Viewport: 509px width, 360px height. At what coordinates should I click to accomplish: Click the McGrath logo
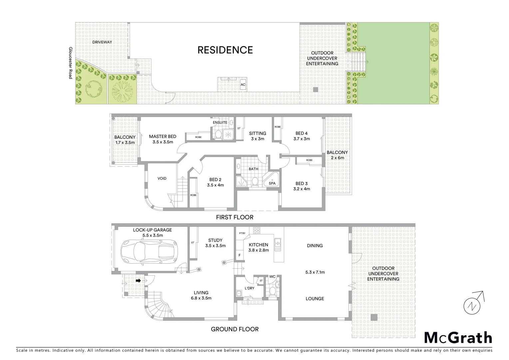point(458,338)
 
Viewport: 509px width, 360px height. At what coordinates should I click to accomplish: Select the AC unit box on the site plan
point(243,85)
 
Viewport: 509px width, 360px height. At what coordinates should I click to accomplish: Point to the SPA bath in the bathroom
point(272,182)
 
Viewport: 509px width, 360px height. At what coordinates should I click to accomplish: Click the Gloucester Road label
point(70,63)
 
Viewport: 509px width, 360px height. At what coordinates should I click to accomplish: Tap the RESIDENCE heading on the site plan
point(225,50)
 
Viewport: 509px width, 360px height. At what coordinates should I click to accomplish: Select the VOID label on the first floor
point(162,178)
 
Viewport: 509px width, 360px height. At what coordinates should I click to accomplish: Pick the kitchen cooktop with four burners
point(257,231)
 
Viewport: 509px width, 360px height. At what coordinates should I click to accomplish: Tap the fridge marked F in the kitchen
point(239,255)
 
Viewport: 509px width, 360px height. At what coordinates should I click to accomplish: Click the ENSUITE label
point(220,122)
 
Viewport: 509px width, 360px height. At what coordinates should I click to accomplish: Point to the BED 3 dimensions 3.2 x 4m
point(301,189)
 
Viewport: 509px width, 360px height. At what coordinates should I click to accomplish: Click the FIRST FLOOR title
point(235,217)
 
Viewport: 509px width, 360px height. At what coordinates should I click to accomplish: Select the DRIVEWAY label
point(102,42)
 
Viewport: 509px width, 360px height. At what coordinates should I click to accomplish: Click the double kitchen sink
point(277,244)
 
